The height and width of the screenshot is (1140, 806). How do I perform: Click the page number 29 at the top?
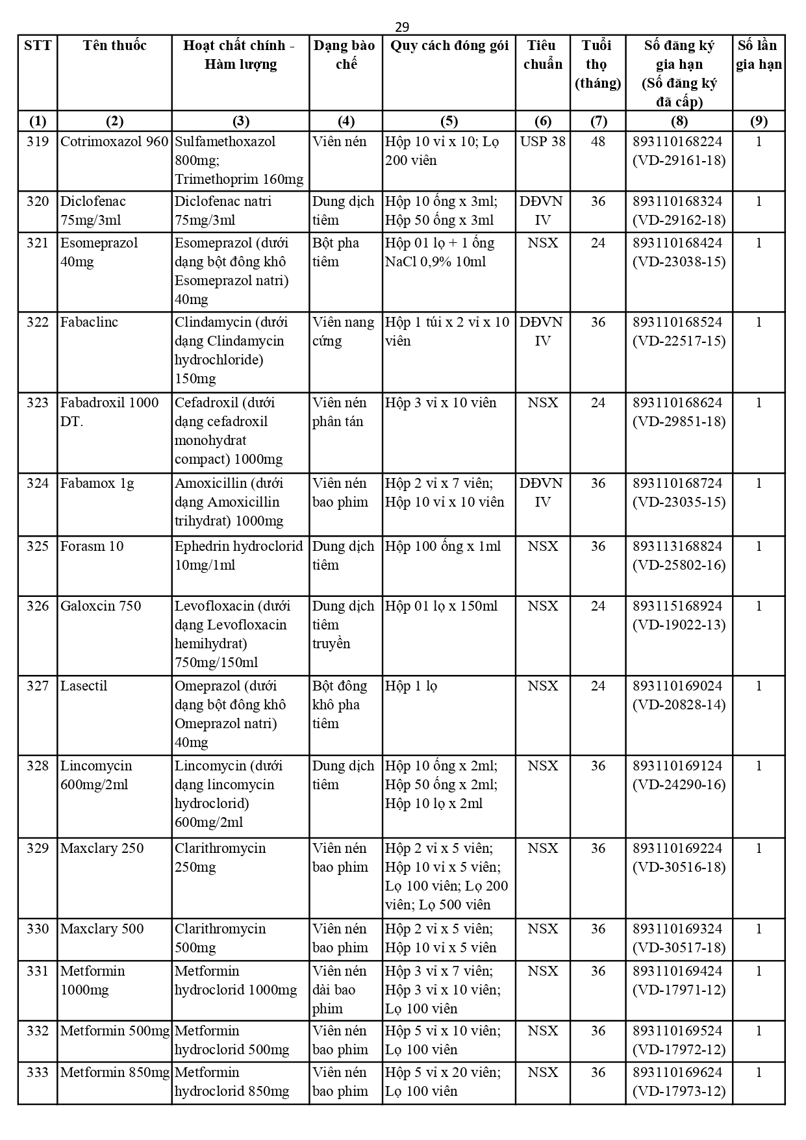pyautogui.click(x=402, y=27)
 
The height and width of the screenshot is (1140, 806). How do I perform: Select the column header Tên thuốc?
pyautogui.click(x=114, y=45)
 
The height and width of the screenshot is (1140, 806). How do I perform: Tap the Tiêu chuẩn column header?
pyautogui.click(x=542, y=55)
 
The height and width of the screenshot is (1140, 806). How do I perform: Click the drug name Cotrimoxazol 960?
pyautogui.click(x=114, y=142)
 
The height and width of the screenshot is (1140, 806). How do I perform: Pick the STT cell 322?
pyautogui.click(x=38, y=322)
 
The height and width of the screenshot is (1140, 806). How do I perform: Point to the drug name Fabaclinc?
pyautogui.click(x=89, y=322)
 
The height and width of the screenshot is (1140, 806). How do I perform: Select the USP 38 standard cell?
pyautogui.click(x=542, y=142)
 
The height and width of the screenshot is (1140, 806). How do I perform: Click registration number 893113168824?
pyautogui.click(x=678, y=546)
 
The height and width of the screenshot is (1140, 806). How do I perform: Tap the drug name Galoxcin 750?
pyautogui.click(x=101, y=606)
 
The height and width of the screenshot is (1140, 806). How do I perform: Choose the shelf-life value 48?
pyautogui.click(x=598, y=142)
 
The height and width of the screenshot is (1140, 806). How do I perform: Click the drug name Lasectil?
pyautogui.click(x=84, y=686)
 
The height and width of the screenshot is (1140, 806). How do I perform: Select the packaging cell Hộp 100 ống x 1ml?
pyautogui.click(x=443, y=546)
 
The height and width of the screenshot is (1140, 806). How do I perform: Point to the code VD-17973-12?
pyautogui.click(x=679, y=1091)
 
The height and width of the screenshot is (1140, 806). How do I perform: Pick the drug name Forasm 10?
pyautogui.click(x=92, y=546)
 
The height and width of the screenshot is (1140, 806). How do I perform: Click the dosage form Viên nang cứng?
pyautogui.click(x=344, y=331)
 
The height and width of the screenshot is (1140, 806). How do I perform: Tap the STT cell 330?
pyautogui.click(x=38, y=929)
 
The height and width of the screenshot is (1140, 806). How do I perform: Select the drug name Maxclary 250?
pyautogui.click(x=102, y=848)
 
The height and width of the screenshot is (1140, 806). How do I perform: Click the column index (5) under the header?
pyautogui.click(x=449, y=121)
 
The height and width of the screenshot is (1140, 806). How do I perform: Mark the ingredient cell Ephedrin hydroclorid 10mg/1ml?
pyautogui.click(x=239, y=555)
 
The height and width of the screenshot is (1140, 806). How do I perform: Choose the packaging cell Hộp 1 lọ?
pyautogui.click(x=411, y=686)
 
